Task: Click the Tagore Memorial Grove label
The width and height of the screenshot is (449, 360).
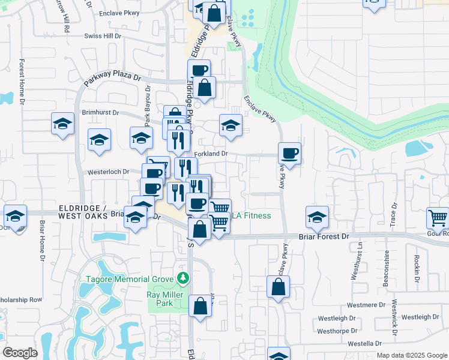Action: (125, 278)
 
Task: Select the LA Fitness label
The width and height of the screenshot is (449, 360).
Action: (252, 216)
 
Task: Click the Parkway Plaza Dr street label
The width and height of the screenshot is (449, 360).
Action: (112, 79)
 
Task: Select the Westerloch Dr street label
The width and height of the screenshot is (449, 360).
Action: (109, 172)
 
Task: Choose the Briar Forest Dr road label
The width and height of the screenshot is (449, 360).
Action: (324, 237)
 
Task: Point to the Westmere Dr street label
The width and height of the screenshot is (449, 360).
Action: (365, 305)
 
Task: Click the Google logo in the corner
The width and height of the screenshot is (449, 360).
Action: (20, 353)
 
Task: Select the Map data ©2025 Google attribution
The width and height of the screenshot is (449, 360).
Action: (411, 355)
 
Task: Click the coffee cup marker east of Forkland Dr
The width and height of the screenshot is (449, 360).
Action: (289, 154)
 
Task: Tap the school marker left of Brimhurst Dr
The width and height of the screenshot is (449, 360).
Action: (62, 124)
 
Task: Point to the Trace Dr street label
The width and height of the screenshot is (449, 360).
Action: (394, 215)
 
